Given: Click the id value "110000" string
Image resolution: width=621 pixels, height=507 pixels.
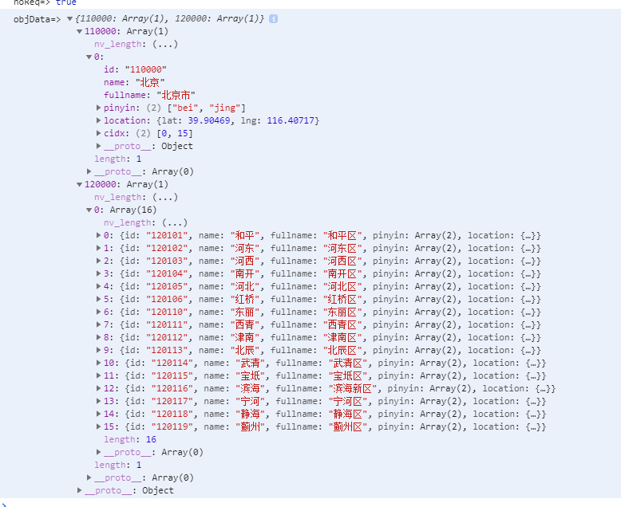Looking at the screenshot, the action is [145, 69].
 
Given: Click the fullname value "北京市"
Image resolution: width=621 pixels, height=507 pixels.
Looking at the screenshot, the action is [176, 95].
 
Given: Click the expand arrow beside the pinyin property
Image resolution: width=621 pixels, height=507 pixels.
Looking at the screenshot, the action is [98, 108].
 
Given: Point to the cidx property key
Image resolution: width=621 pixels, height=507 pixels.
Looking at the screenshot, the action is [114, 133].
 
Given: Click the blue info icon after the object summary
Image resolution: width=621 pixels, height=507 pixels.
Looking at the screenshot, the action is [274, 18].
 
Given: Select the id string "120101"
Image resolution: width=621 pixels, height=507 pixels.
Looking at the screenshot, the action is [168, 235].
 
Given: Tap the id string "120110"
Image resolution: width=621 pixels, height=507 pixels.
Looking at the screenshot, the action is [168, 312].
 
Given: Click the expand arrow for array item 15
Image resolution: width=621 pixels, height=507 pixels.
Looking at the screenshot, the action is [98, 426].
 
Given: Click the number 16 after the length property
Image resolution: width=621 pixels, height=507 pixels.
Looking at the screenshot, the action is [151, 439].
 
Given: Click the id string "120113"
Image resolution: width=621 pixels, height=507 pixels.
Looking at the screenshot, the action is [168, 350].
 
